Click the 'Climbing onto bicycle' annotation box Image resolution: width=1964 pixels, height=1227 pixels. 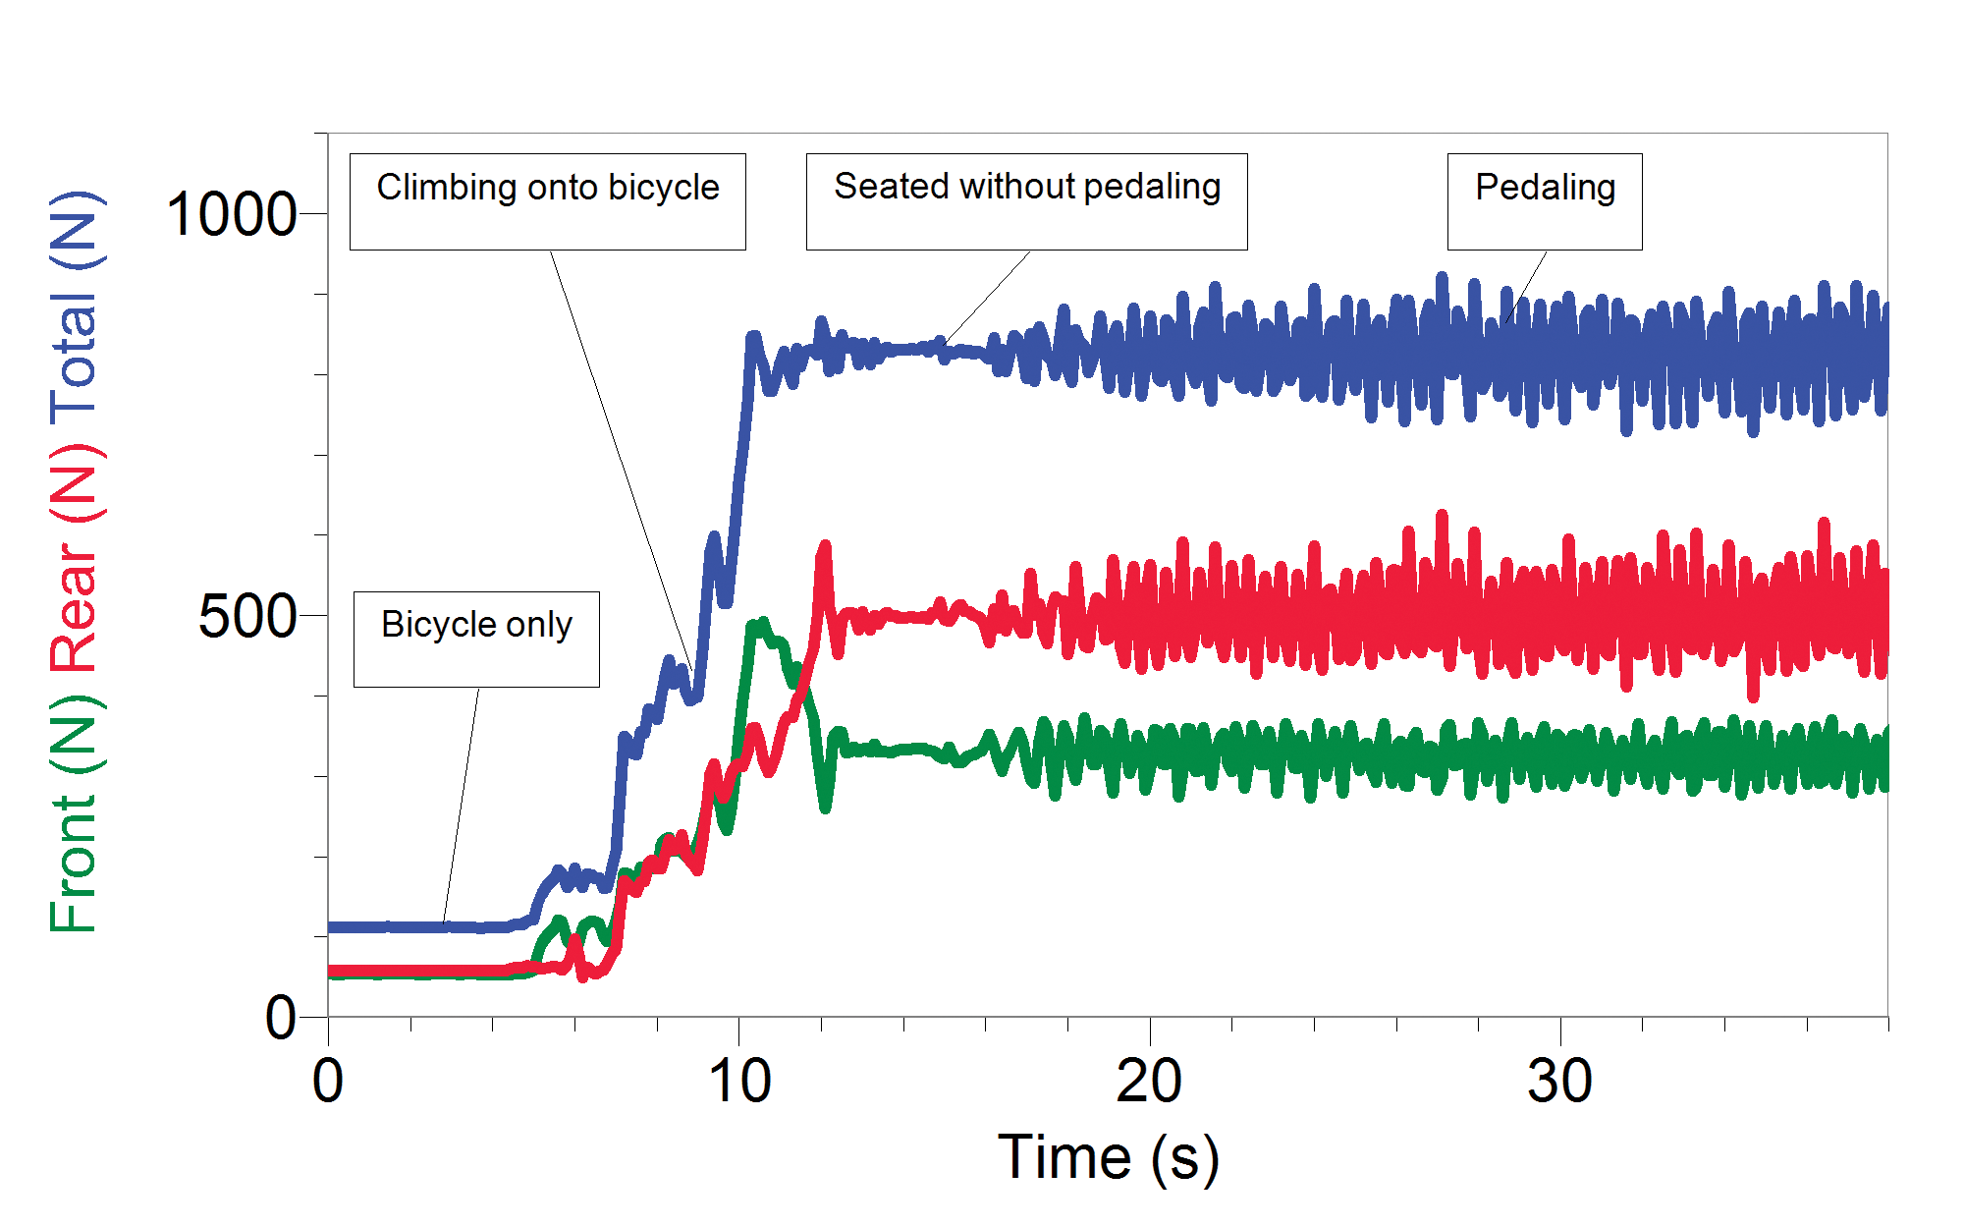547,201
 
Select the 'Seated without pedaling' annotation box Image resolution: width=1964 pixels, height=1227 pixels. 1026,201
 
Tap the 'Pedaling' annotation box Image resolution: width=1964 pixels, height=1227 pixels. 1544,201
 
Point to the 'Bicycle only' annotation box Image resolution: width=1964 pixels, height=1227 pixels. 476,639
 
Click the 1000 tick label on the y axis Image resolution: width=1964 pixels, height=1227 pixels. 232,214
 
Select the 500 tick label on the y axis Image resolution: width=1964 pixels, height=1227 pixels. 247,617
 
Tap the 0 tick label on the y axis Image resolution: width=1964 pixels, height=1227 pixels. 281,1018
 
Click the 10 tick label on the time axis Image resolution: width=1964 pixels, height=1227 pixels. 739,1083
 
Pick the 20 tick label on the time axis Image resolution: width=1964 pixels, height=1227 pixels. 1149,1083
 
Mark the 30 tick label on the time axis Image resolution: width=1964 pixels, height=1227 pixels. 1559,1083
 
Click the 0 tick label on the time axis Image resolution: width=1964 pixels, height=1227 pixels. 328,1083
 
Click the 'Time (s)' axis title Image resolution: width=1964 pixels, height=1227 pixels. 1108,1157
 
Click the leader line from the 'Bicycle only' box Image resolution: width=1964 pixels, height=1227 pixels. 462,806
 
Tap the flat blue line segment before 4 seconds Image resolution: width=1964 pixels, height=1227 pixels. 412,926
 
